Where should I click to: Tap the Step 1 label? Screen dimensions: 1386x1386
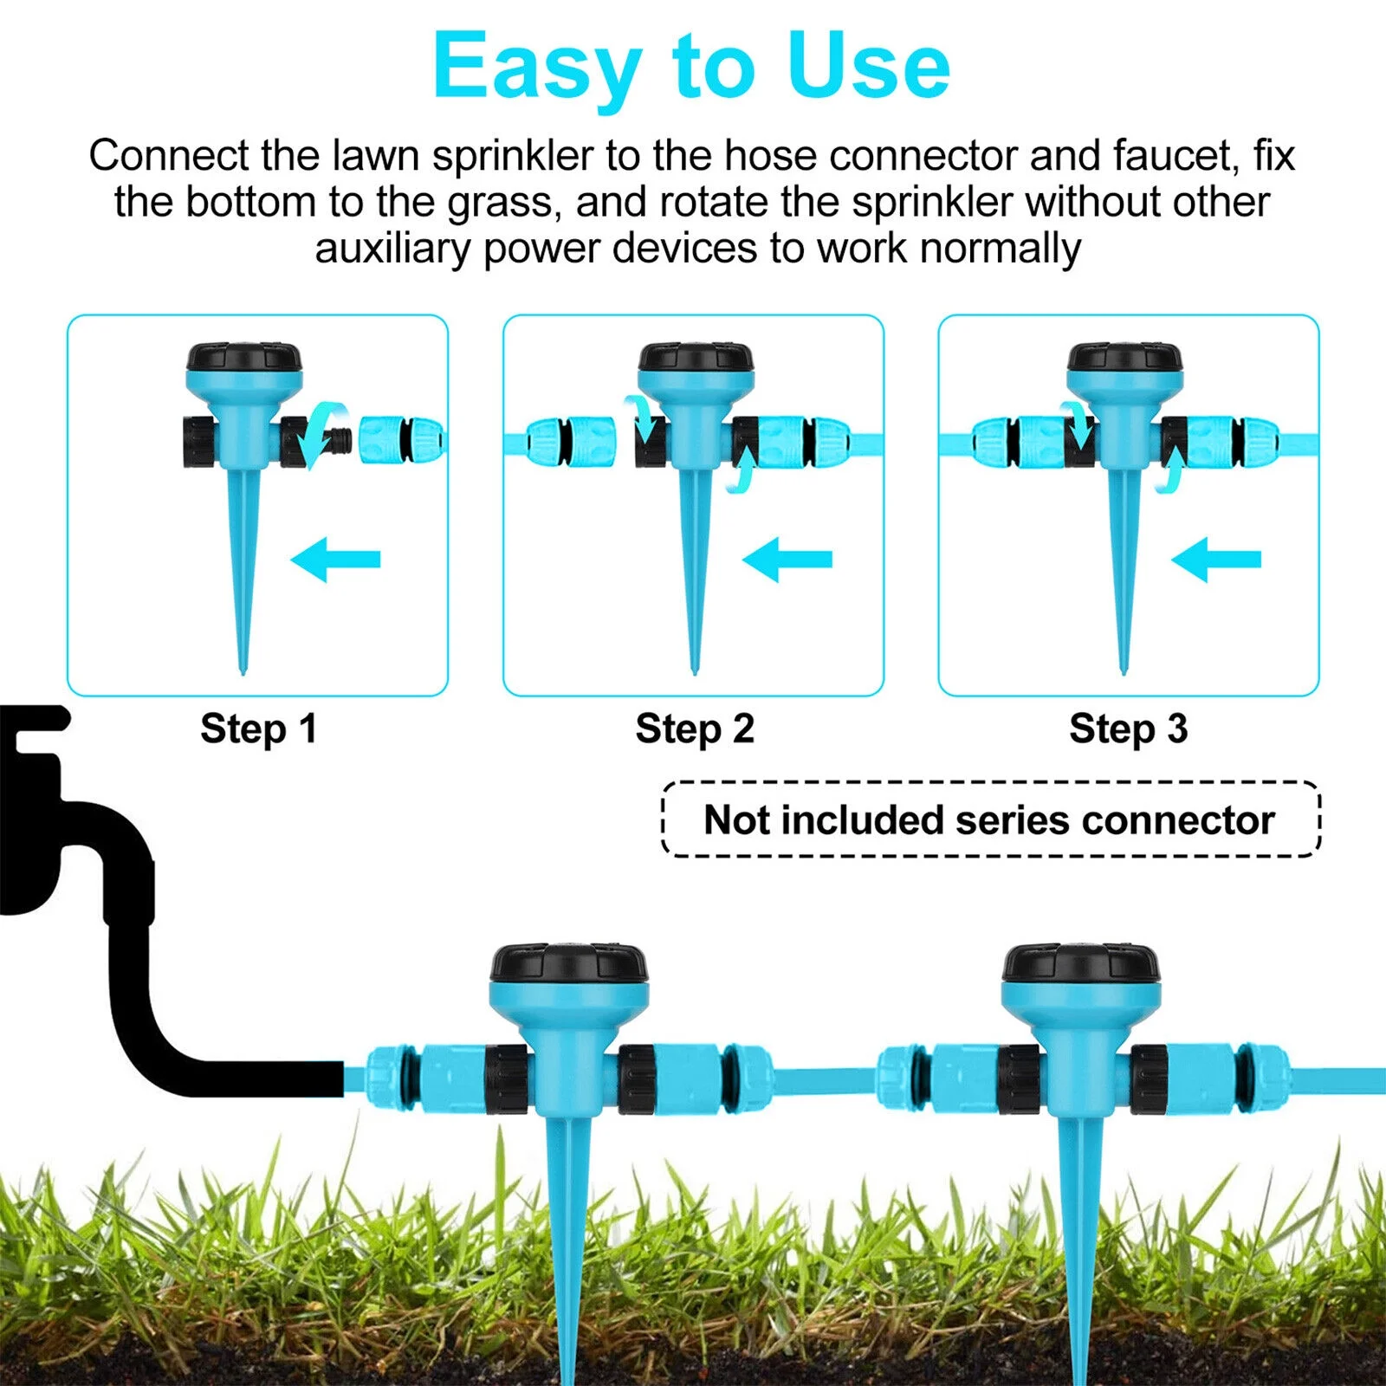[258, 729]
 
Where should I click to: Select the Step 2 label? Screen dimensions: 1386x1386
[695, 729]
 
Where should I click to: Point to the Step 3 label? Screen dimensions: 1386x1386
[1128, 729]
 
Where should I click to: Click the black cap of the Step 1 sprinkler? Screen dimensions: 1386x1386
[244, 356]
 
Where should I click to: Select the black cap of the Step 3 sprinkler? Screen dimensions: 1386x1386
[1124, 356]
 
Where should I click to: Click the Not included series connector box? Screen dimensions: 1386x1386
[989, 819]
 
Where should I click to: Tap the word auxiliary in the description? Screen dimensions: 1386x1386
[393, 249]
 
